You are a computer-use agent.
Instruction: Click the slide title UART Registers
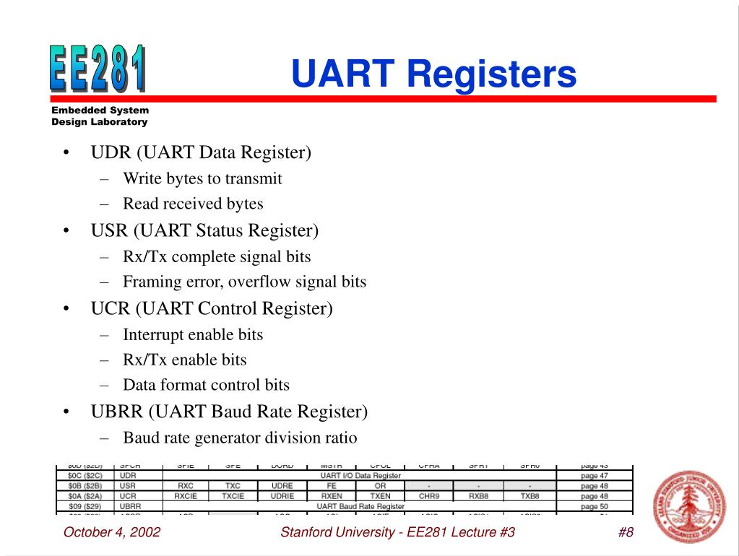(x=433, y=74)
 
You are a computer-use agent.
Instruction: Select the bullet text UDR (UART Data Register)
(x=201, y=152)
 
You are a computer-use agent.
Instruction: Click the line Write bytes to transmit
(x=202, y=178)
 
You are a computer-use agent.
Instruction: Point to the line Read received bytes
(x=193, y=204)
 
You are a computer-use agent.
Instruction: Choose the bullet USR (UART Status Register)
(x=204, y=230)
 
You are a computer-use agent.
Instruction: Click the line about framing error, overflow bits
(x=244, y=282)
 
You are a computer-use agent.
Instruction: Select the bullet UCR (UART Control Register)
(x=212, y=308)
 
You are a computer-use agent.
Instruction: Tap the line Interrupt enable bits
(x=193, y=334)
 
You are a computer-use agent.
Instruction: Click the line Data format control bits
(x=206, y=385)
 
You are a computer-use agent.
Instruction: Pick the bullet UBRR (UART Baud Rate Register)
(x=229, y=412)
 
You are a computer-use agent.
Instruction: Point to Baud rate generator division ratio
(x=240, y=438)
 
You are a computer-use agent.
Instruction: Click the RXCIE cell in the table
(x=186, y=496)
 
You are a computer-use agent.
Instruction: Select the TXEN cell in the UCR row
(x=380, y=496)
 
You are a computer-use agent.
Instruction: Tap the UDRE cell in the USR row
(x=282, y=486)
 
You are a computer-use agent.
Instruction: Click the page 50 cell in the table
(x=594, y=506)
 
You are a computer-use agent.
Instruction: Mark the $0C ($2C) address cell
(x=85, y=476)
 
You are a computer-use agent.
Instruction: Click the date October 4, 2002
(x=112, y=533)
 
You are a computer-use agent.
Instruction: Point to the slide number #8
(x=626, y=533)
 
